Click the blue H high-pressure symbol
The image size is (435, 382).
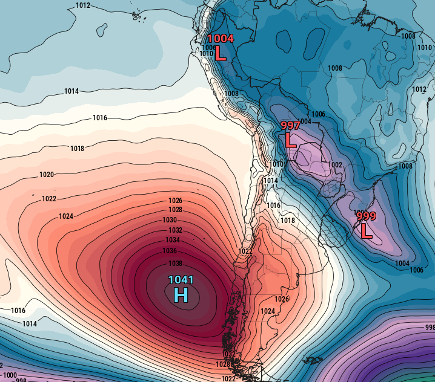pos(181,294)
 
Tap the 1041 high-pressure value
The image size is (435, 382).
pos(181,280)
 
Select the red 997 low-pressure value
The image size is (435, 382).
pos(291,126)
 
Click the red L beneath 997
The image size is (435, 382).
pos(291,141)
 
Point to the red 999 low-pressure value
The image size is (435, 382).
pos(367,216)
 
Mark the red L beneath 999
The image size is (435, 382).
pos(367,231)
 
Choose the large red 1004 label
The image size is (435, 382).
pos(221,39)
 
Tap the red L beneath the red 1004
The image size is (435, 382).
pos(221,54)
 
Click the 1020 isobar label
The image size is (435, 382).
pos(47,175)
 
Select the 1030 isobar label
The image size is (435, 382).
pos(170,220)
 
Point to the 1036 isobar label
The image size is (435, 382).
pos(170,251)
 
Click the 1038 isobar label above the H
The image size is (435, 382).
pos(176,264)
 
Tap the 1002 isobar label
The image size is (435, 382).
pos(335,165)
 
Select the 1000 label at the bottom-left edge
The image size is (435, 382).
pos(10,375)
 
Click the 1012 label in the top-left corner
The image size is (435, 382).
pos(84,5)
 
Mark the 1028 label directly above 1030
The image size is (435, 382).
pos(176,210)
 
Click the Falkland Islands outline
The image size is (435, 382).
pos(313,360)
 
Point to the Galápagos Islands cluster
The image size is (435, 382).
pos(141,17)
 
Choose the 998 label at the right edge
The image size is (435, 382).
pos(430,327)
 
